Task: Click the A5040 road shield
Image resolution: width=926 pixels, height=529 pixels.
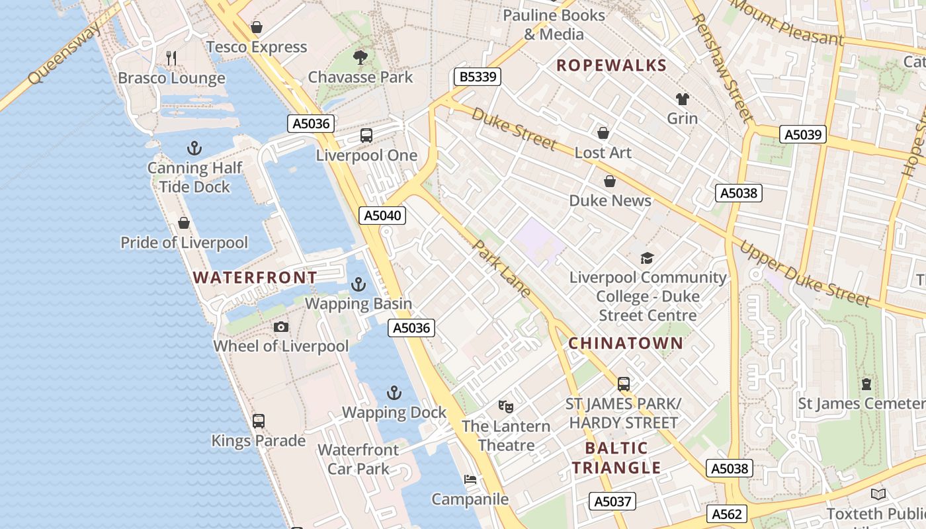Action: pos(382,215)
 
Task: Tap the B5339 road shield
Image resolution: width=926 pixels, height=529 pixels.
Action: pos(477,77)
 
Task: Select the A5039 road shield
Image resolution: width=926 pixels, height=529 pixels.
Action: pos(803,134)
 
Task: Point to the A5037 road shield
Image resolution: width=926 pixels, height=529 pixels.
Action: pos(612,501)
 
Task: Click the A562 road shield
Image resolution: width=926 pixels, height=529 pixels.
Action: pos(728,514)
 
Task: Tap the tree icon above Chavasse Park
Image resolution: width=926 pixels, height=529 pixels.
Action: pos(360,58)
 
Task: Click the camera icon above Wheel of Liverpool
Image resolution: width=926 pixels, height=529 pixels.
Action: pos(280,327)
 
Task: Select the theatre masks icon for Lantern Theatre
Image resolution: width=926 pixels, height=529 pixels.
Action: pos(506,406)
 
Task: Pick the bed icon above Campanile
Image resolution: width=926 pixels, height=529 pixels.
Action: pos(470,479)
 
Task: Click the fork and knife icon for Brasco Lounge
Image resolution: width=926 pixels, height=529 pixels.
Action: pos(171,58)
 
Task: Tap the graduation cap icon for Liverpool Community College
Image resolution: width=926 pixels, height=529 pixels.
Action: pos(647,258)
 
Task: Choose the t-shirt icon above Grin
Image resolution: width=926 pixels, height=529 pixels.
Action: pos(682,99)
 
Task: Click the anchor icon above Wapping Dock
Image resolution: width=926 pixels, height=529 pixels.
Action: pos(394,393)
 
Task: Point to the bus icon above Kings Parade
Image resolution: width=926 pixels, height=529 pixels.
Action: pos(259,421)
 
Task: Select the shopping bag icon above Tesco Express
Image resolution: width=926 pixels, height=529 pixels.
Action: pos(257,27)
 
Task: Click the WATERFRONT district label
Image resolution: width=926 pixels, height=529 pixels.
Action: pos(255,277)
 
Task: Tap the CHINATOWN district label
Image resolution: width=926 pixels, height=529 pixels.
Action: pos(625,343)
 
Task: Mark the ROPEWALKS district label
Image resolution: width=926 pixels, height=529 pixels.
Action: pos(611,65)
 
